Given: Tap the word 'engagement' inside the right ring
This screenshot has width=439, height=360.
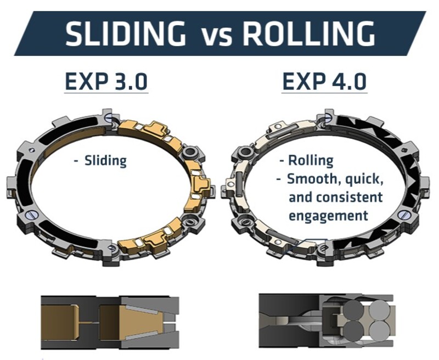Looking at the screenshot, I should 328,215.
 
